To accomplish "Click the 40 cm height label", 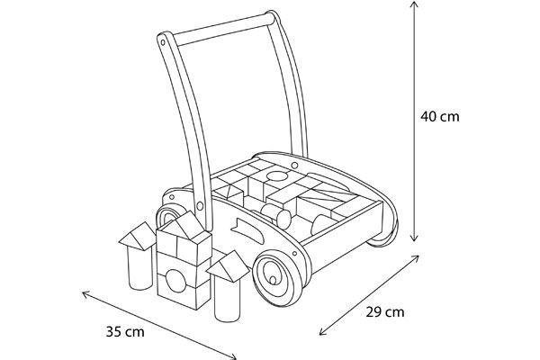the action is (440, 116).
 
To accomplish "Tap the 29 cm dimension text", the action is (384, 312).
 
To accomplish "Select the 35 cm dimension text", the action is (125, 332).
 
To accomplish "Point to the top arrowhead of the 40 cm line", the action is (414, 4).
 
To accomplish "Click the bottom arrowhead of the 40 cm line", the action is (414, 238).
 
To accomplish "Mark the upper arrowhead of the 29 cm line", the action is (416, 258).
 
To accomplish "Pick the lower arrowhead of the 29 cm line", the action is (323, 332).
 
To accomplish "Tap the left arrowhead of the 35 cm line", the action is (85, 294).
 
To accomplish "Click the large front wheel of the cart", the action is (278, 278).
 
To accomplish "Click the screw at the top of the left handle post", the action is (163, 42).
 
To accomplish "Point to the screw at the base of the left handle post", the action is (200, 206).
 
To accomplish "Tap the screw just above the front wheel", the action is (295, 254).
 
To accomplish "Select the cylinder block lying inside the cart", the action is (276, 216).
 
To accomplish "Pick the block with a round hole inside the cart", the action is (276, 176).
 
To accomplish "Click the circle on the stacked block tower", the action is (175, 281).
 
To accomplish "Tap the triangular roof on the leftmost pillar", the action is (138, 236).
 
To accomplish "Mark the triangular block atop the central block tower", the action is (184, 225).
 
